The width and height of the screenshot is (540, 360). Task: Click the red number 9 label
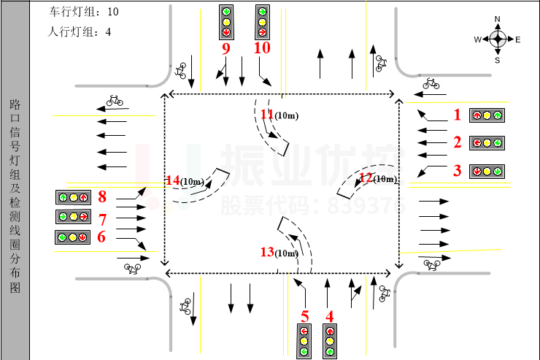[225, 49]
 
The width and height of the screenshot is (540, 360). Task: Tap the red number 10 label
[262, 47]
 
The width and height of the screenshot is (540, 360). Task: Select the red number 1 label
[458, 115]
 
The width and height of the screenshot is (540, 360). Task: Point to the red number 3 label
[458, 171]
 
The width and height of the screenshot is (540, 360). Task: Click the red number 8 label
[102, 196]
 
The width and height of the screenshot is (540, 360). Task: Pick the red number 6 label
[102, 237]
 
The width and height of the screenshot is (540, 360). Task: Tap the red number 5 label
[305, 316]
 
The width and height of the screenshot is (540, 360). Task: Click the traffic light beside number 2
[487, 142]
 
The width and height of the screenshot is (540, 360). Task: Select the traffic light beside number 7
[73, 217]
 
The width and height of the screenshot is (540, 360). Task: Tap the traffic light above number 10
[262, 22]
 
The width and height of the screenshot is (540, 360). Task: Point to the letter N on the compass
[498, 18]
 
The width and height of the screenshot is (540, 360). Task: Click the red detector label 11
[266, 114]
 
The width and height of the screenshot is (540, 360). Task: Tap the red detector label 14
[172, 180]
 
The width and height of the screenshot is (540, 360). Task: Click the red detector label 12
[366, 177]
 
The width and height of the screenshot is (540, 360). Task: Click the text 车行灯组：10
[84, 12]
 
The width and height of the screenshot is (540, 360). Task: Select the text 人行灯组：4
[80, 32]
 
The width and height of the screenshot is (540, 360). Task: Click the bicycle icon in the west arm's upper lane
[115, 100]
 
